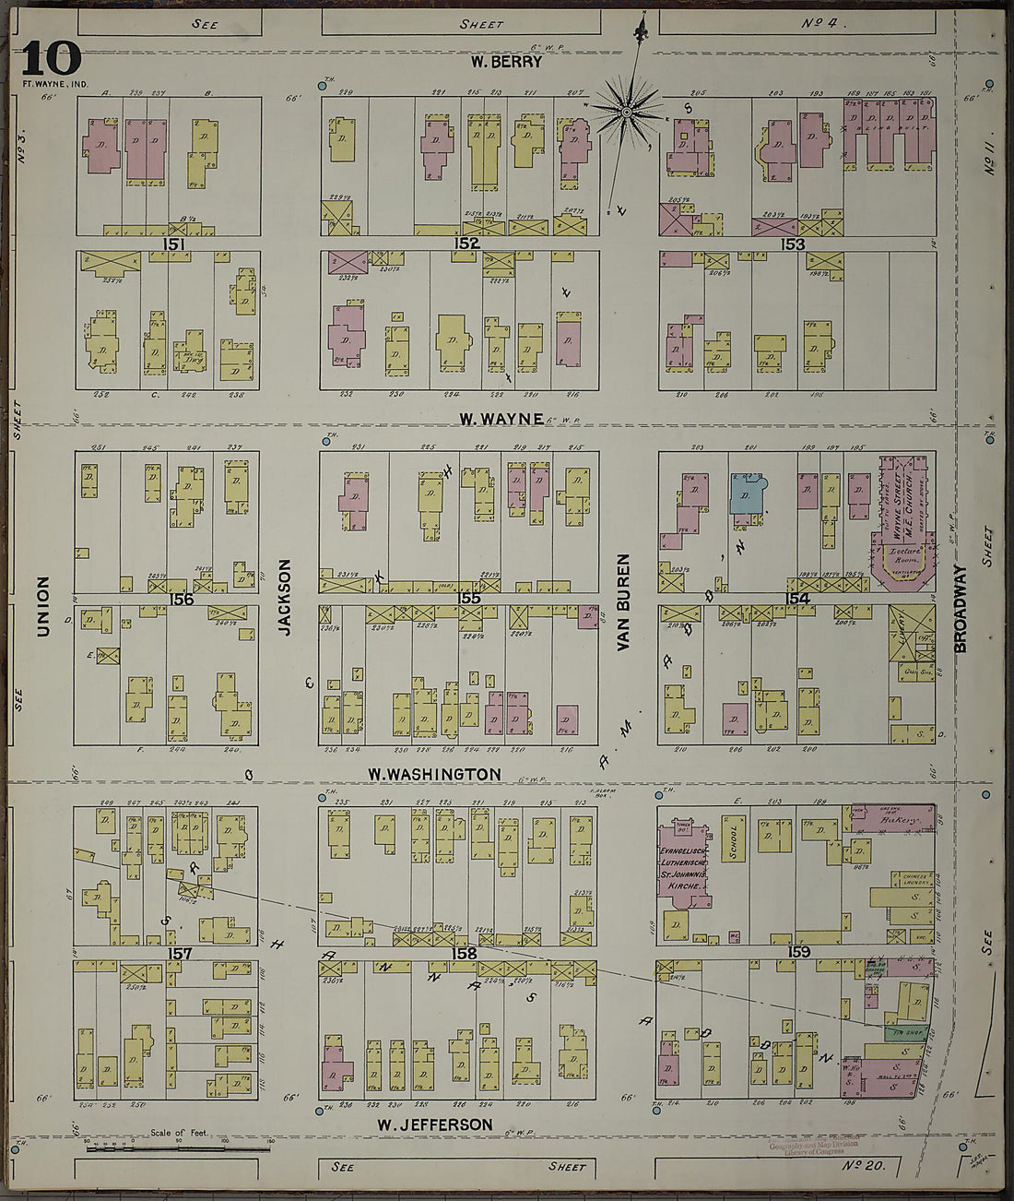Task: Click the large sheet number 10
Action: point(52,60)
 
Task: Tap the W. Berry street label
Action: point(506,63)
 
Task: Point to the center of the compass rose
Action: point(626,113)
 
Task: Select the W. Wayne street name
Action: point(501,419)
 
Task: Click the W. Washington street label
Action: point(434,774)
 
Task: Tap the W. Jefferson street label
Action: point(435,1124)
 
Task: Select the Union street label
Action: point(42,606)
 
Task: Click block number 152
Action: point(466,244)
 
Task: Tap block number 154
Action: point(797,599)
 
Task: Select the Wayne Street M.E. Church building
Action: point(901,517)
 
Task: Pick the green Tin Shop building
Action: point(904,1033)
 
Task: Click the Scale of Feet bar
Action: point(178,1148)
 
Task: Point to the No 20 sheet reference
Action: point(865,1166)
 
